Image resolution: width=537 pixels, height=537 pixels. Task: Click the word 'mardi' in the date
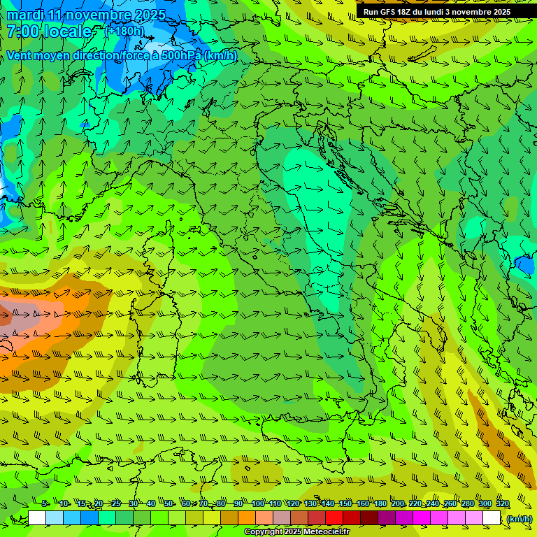point(25,15)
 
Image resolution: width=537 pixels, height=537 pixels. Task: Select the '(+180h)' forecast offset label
point(125,31)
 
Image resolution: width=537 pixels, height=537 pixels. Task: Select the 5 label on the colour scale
point(45,503)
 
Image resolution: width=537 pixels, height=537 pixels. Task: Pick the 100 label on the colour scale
point(257,503)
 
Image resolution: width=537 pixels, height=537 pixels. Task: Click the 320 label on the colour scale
point(503,503)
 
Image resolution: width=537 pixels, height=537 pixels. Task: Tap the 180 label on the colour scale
point(380,503)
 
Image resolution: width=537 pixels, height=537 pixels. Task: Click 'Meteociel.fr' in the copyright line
point(327,532)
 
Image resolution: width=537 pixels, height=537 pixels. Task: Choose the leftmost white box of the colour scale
point(37,518)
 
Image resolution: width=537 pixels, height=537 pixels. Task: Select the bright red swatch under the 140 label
point(334,518)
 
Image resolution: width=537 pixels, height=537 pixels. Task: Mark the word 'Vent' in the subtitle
point(19,56)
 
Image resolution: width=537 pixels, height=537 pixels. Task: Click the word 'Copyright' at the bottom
point(265,532)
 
